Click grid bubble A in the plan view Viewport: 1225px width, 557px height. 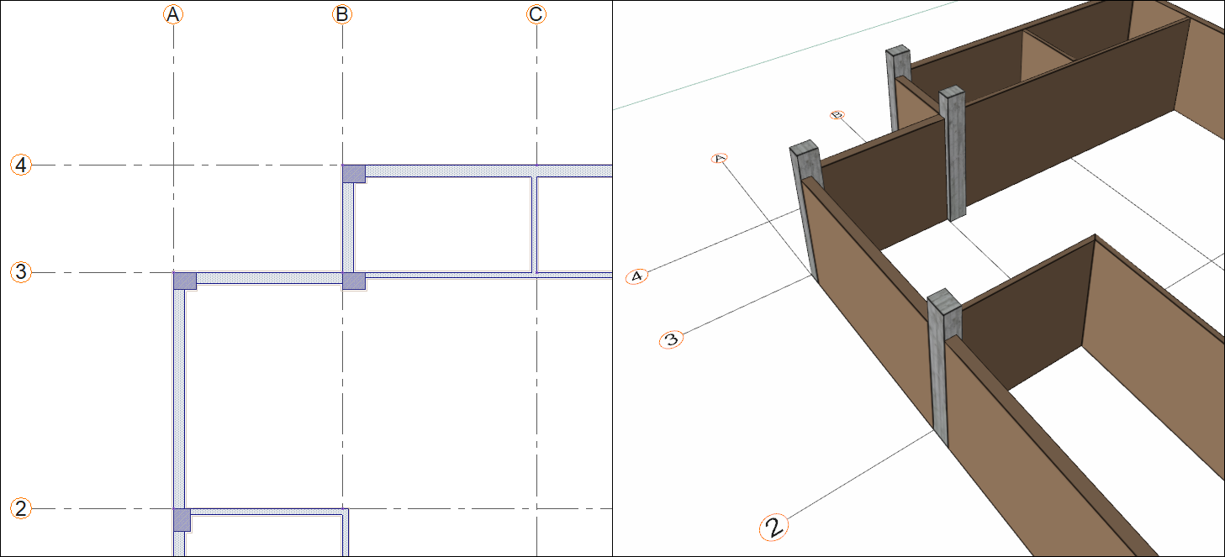point(172,14)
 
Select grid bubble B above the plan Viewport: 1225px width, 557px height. point(342,14)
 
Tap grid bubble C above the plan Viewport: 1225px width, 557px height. point(536,14)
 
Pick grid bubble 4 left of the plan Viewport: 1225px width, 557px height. point(21,165)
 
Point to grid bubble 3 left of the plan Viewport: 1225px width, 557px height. point(21,272)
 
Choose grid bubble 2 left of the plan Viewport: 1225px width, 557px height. point(21,508)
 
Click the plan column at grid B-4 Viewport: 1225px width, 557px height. point(354,173)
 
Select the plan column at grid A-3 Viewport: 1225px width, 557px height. point(185,281)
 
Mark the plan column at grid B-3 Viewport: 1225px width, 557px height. point(354,281)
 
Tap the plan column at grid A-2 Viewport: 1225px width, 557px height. point(182,519)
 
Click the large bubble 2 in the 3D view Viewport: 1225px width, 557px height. point(774,528)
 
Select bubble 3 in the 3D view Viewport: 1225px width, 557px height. point(671,340)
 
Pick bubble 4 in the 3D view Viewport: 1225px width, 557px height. point(637,276)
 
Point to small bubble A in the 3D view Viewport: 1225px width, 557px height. point(719,158)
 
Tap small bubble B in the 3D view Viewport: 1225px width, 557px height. point(837,114)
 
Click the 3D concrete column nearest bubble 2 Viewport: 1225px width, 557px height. point(943,370)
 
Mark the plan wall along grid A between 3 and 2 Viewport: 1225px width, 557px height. point(178,395)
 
